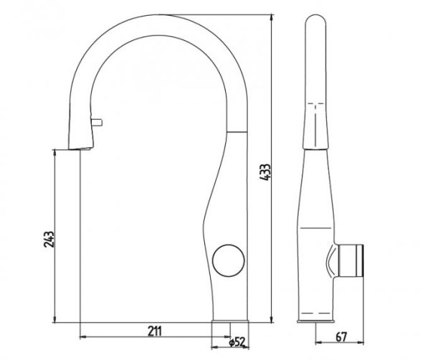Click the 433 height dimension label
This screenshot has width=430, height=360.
point(265,172)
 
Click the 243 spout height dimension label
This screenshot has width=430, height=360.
point(49,240)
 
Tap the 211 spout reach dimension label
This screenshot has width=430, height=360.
point(155,331)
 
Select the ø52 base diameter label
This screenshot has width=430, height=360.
point(236,342)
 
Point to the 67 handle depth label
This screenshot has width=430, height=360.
point(341,337)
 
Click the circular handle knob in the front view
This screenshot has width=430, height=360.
point(229,260)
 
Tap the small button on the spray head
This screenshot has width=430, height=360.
point(97,122)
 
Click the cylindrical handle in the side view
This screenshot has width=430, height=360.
point(351,260)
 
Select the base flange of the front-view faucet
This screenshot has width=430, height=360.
point(230,321)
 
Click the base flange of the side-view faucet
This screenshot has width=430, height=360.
point(316,321)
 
